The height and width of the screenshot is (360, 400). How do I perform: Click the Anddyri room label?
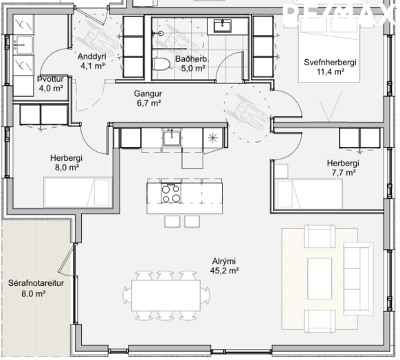[91, 56]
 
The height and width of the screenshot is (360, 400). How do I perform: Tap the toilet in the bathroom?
[161, 64]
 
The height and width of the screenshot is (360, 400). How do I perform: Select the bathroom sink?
[223, 26]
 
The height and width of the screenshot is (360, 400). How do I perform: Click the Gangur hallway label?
[148, 93]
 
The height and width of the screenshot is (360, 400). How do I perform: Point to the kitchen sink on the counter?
[172, 137]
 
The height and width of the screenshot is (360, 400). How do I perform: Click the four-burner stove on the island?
[171, 193]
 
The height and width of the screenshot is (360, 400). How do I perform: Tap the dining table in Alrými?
[166, 295]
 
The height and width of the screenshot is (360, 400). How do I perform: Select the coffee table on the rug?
[320, 279]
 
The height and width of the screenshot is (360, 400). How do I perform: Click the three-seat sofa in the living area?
[358, 279]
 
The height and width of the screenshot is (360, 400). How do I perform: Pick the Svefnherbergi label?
[330, 63]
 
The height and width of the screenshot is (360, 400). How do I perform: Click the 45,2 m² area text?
[225, 271]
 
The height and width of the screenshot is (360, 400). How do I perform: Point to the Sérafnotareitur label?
[36, 283]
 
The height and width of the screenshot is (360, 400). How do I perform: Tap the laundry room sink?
[23, 45]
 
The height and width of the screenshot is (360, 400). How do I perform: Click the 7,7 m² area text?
[344, 173]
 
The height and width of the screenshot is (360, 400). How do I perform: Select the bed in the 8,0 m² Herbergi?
[78, 192]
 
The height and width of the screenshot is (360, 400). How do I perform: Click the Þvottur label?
[50, 79]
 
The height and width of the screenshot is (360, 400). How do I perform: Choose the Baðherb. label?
[192, 59]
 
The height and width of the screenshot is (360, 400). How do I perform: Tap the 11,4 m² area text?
[331, 72]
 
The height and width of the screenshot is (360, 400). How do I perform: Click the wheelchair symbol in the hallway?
[247, 111]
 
